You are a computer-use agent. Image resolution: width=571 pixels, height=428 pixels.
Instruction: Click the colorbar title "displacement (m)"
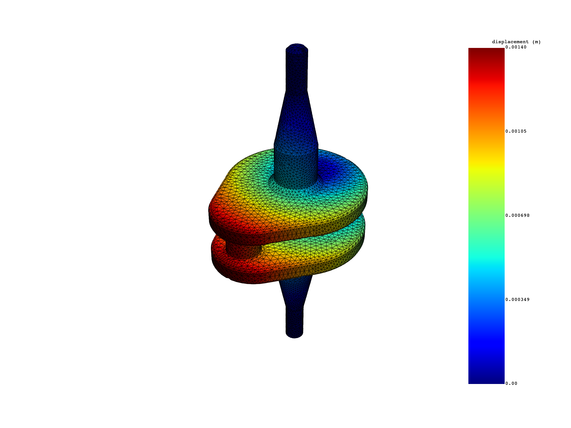point(516,42)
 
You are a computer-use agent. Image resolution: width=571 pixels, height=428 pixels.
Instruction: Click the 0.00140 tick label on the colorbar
point(516,47)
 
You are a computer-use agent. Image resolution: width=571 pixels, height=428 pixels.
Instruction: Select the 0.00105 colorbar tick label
point(516,131)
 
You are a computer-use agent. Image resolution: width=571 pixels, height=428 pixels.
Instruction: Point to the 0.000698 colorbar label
point(517,215)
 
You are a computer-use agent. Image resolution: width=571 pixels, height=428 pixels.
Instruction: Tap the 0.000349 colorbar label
point(517,300)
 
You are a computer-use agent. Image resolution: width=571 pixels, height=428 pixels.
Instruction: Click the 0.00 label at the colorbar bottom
point(511,383)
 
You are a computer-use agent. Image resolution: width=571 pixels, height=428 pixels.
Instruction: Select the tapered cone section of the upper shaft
point(296,117)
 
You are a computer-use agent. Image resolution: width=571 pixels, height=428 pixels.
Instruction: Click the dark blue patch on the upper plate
point(332,167)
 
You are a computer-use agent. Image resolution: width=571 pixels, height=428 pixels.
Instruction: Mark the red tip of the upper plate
point(220,215)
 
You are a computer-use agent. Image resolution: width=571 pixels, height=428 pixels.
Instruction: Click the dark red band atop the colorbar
point(486,56)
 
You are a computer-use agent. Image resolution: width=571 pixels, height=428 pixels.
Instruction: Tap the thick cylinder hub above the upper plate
point(296,167)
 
